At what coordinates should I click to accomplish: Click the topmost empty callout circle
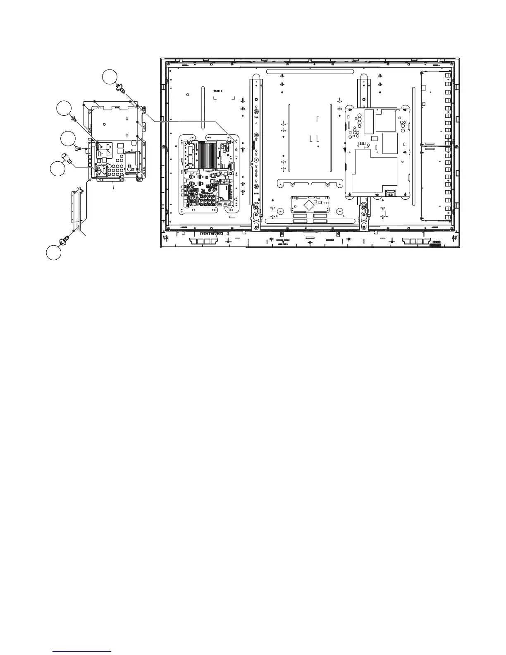pos(110,77)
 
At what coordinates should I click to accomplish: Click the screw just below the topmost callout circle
pos(122,88)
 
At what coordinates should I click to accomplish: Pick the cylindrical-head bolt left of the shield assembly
pos(67,158)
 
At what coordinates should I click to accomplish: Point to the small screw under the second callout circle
pos(74,119)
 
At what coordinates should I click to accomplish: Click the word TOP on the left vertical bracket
pos(256,118)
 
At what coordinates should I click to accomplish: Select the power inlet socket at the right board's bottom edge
pos(389,193)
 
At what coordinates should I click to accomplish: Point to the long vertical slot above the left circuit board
pos(203,107)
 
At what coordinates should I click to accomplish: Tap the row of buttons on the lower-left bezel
pos(209,234)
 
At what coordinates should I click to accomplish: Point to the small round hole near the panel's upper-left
pos(187,95)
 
